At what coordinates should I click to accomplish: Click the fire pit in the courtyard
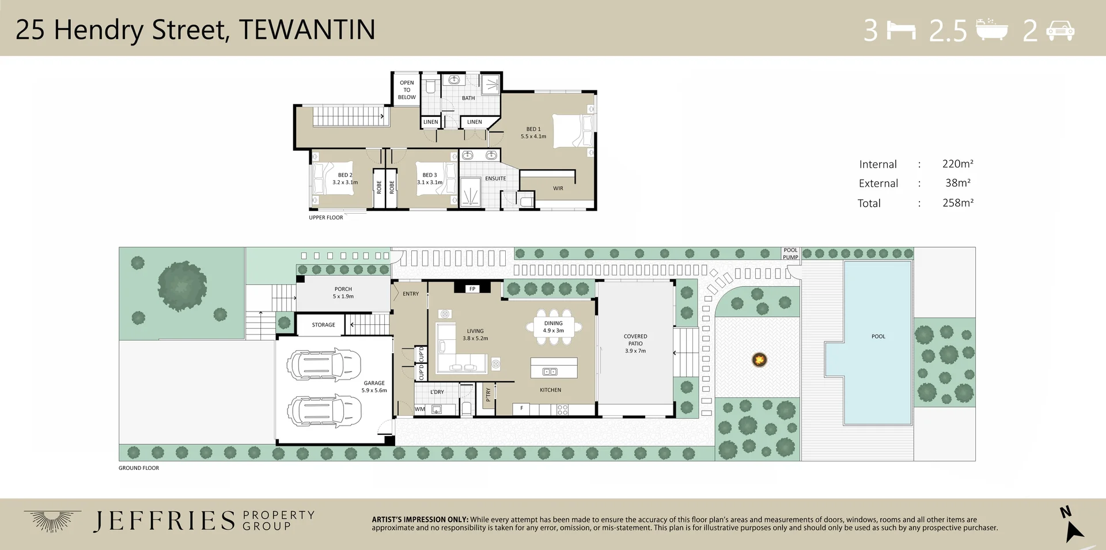[x=760, y=360]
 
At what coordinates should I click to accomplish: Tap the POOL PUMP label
[x=790, y=254]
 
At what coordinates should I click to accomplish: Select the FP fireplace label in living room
[x=472, y=289]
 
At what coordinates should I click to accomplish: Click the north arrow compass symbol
[x=1072, y=524]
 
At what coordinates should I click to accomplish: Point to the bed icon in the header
[x=901, y=30]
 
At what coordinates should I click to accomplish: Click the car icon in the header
[x=1060, y=31]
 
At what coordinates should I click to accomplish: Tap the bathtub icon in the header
[x=991, y=29]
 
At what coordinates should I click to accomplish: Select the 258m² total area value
[x=958, y=203]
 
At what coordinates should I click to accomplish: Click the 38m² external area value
[x=958, y=183]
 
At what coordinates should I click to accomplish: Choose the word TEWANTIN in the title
[x=307, y=30]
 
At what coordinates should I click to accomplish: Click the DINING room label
[x=553, y=323]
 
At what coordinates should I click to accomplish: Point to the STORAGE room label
[x=323, y=325]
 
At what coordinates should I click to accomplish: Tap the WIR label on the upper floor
[x=558, y=188]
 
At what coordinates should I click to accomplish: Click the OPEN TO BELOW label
[x=407, y=90]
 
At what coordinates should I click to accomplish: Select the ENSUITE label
[x=495, y=179]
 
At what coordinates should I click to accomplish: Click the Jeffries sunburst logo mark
[x=52, y=520]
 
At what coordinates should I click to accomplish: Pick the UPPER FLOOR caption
[x=326, y=218]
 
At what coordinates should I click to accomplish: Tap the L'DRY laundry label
[x=437, y=392]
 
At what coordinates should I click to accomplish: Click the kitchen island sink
[x=550, y=371]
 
